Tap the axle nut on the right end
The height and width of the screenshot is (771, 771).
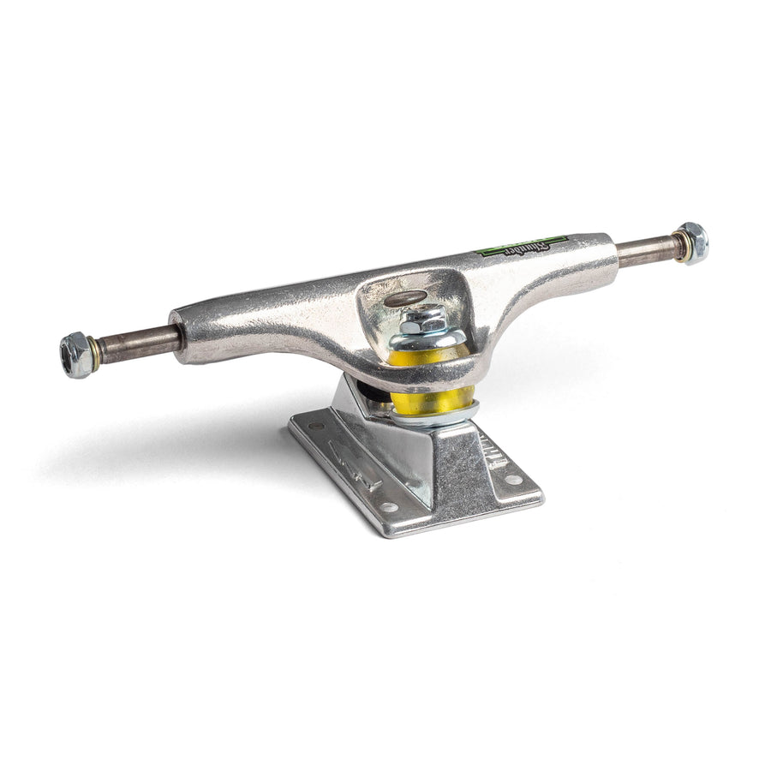pyautogui.click(x=691, y=242)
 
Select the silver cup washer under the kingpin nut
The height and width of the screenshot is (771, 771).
pyautogui.click(x=428, y=338)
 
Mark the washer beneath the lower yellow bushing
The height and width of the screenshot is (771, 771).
pyautogui.click(x=435, y=417)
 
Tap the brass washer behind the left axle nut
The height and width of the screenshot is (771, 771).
pyautogui.click(x=94, y=351)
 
